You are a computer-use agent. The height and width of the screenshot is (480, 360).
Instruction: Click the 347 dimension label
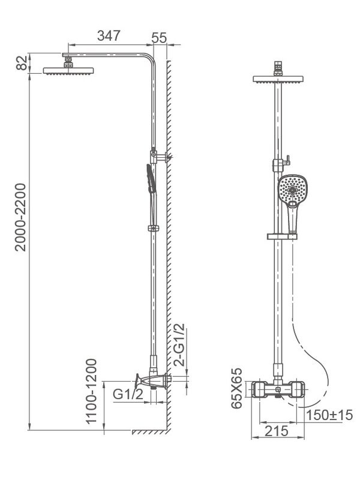[x=109, y=35]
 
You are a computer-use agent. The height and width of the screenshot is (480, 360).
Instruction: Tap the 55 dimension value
[x=159, y=37]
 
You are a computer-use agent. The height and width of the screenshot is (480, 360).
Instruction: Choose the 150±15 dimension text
[x=329, y=415]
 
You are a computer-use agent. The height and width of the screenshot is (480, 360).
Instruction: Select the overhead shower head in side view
[x=69, y=70]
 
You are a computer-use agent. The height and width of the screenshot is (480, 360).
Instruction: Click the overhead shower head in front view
[x=280, y=79]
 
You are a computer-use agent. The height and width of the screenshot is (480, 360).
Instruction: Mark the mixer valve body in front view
[x=280, y=391]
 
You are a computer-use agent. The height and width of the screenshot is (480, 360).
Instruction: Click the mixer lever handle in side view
[x=142, y=380]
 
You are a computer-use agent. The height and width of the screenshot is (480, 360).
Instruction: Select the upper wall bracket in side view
[x=160, y=157]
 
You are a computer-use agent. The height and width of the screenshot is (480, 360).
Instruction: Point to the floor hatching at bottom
[x=150, y=432]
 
